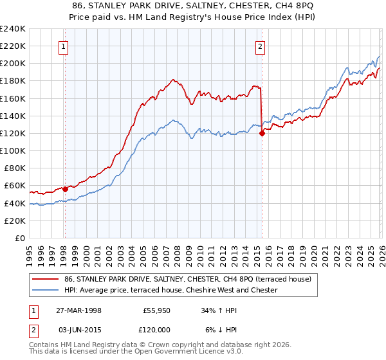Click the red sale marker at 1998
tap(65, 189)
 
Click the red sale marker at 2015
tap(262, 133)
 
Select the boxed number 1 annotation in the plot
tap(65, 46)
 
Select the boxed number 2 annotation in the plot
tap(260, 46)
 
